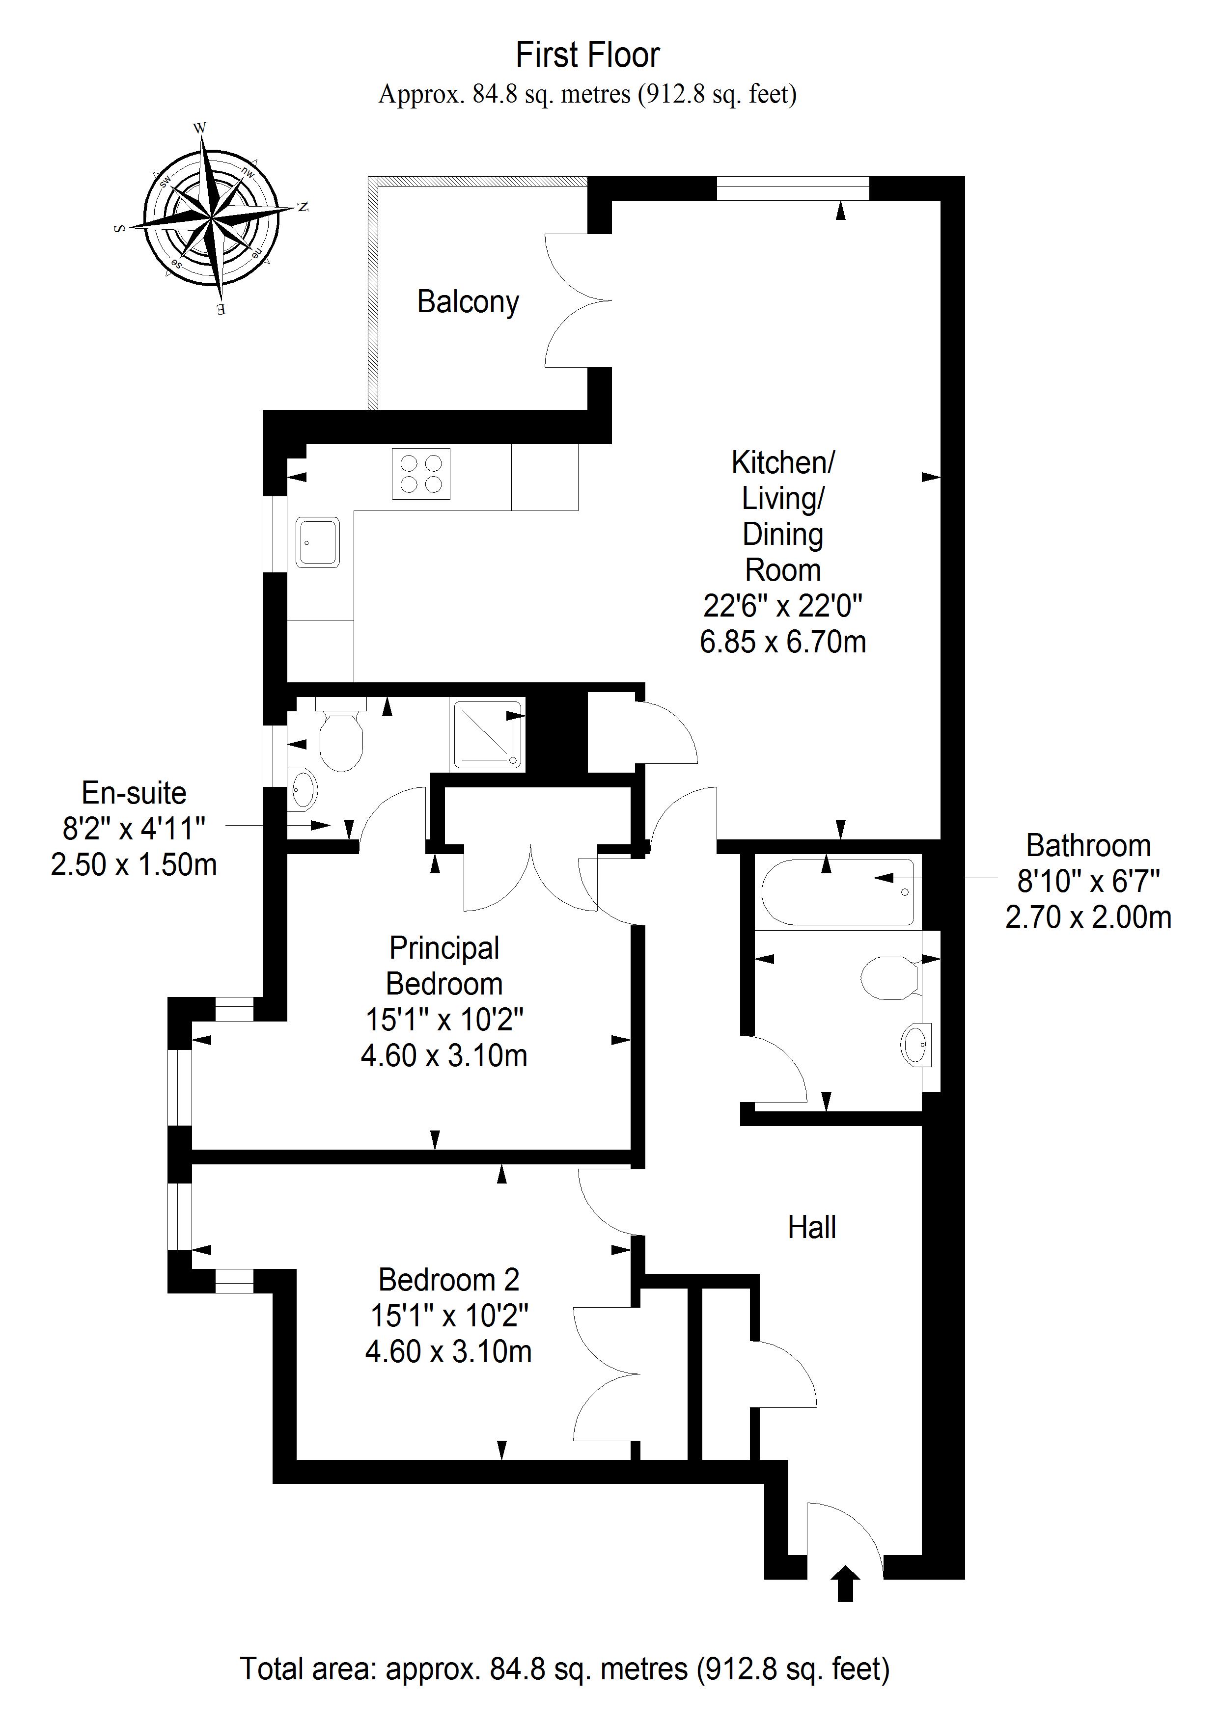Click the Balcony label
(468, 302)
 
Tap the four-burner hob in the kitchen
(421, 474)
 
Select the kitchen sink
(318, 541)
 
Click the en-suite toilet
(341, 733)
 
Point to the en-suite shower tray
(487, 735)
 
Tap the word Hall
(812, 1228)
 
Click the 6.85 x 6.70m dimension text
(783, 642)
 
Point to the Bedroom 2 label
(449, 1280)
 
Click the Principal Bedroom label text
(444, 966)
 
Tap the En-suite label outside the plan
(134, 793)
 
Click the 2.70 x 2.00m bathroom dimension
(1088, 917)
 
